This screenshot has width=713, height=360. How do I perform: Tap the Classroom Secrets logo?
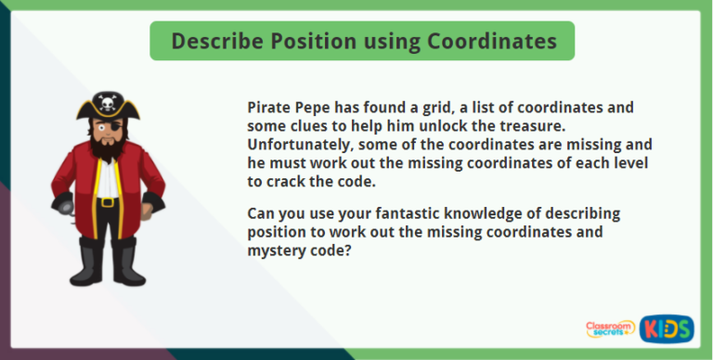pyautogui.click(x=611, y=329)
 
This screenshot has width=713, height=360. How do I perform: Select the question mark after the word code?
pyautogui.click(x=346, y=251)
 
